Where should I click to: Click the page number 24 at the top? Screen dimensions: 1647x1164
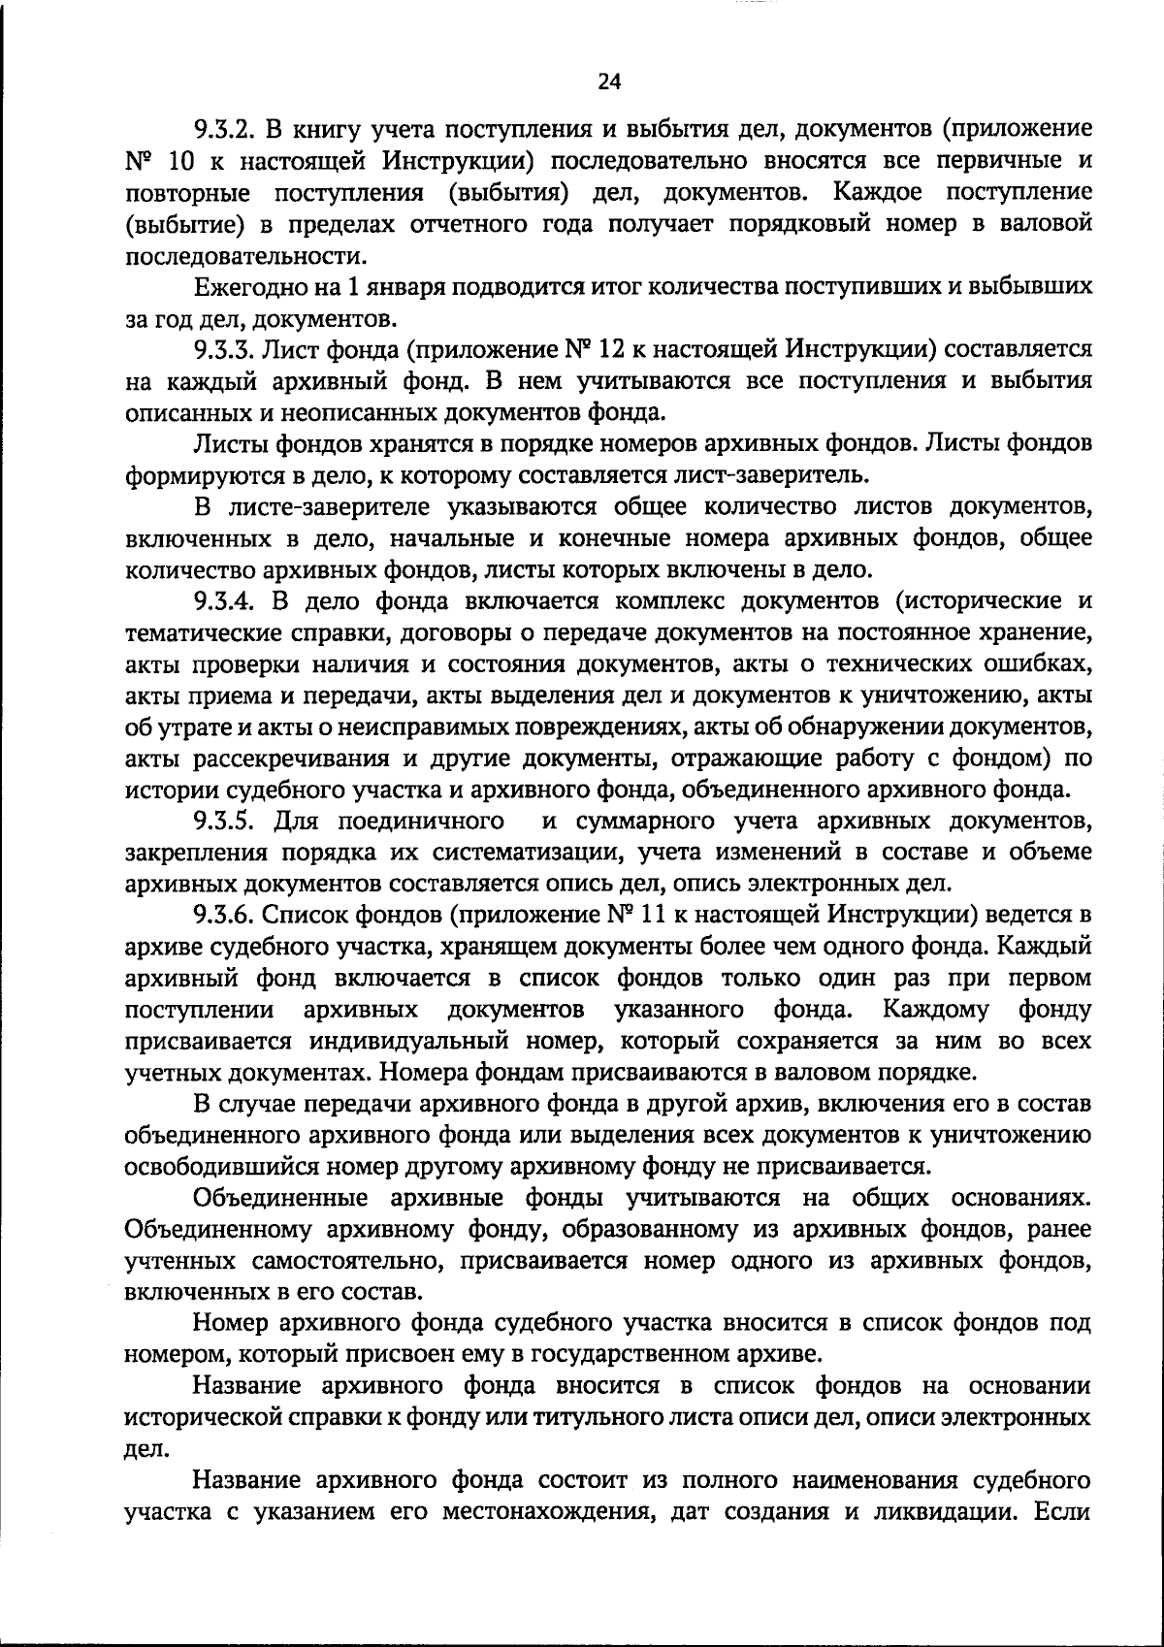(x=608, y=82)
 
